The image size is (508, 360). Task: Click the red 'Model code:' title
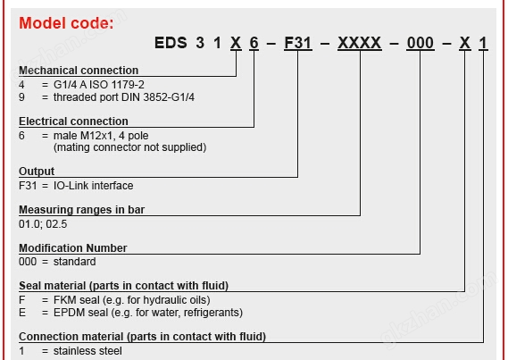(x=66, y=23)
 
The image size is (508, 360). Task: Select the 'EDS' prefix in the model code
(x=171, y=43)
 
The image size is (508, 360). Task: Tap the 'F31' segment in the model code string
(x=297, y=43)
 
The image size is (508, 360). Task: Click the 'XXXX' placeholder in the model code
(x=359, y=43)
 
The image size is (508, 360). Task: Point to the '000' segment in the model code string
(x=421, y=43)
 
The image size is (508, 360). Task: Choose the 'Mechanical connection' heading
(x=79, y=71)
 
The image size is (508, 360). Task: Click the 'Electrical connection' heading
(x=73, y=121)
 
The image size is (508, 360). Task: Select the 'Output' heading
(x=37, y=172)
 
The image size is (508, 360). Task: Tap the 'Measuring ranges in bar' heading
(x=81, y=210)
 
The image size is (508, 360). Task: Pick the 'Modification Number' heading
(x=73, y=247)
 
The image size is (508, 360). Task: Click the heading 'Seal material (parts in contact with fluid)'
(x=124, y=286)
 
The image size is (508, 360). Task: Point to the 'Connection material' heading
(x=71, y=337)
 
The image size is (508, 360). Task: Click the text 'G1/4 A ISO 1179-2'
(x=99, y=85)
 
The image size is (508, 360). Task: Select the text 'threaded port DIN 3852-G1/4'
(x=124, y=97)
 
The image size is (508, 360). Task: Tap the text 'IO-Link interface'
(x=94, y=186)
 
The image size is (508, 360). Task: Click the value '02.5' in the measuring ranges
(x=56, y=224)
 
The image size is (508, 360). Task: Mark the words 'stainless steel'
(x=87, y=350)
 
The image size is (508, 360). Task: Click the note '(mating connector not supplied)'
(x=129, y=147)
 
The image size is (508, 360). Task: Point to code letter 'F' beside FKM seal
(x=21, y=300)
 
